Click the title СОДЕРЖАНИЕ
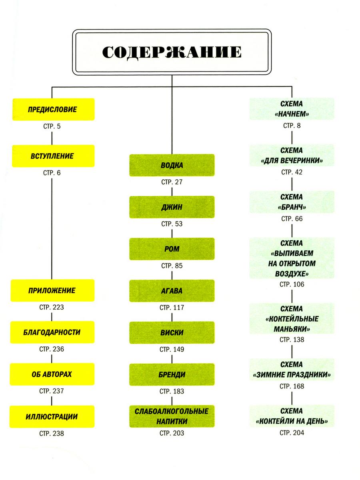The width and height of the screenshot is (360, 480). tap(172, 52)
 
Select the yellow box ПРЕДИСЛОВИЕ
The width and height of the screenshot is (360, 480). tap(52, 109)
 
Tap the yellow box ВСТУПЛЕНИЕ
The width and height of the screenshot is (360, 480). tap(52, 156)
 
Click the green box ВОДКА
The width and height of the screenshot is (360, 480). tap(172, 165)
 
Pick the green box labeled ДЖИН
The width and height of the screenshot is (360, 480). tap(172, 207)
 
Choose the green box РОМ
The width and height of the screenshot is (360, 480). tap(172, 249)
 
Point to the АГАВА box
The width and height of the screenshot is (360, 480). tap(172, 291)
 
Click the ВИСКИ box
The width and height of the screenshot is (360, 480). tap(172, 333)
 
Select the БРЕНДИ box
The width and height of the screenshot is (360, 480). tap(172, 375)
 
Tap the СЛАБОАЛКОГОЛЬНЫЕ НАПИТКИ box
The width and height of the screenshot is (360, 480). tap(172, 416)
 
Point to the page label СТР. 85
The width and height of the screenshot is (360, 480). tap(172, 266)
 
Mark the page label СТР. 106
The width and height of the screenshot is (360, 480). tap(292, 284)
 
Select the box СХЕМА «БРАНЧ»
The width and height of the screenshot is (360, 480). tap(292, 202)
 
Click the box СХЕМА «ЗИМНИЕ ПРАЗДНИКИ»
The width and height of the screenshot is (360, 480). tap(292, 370)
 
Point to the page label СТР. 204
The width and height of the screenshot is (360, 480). tap(292, 433)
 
